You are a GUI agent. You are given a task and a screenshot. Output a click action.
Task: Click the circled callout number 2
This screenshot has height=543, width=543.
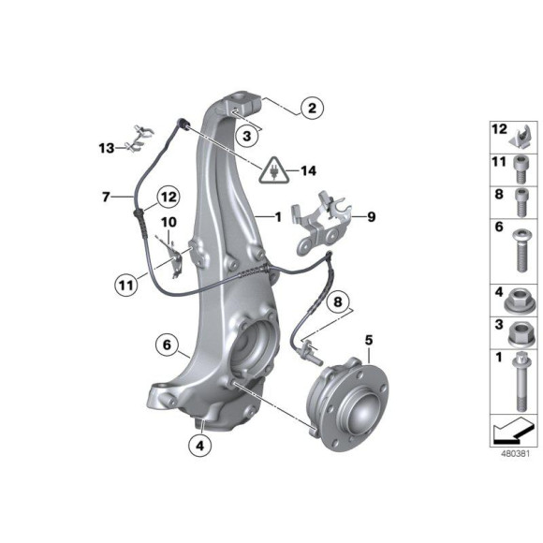[312, 108]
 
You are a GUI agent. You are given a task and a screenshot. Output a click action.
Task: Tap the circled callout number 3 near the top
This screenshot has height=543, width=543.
[246, 136]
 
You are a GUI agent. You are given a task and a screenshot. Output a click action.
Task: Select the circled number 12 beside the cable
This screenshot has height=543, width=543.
[169, 197]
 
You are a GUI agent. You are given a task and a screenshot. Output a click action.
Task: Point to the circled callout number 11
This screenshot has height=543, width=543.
[126, 286]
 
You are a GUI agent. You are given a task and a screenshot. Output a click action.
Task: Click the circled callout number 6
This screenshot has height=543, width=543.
[167, 345]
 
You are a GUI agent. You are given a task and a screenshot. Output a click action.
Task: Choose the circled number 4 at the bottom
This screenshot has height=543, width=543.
[200, 446]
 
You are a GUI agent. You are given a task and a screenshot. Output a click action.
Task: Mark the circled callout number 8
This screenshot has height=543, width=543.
[337, 301]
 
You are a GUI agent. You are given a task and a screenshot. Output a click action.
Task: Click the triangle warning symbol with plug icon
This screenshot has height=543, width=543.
[274, 169]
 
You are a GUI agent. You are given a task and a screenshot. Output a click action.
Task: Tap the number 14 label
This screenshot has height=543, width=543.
[308, 170]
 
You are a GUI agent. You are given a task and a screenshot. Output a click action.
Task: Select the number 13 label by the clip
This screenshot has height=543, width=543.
[107, 148]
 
